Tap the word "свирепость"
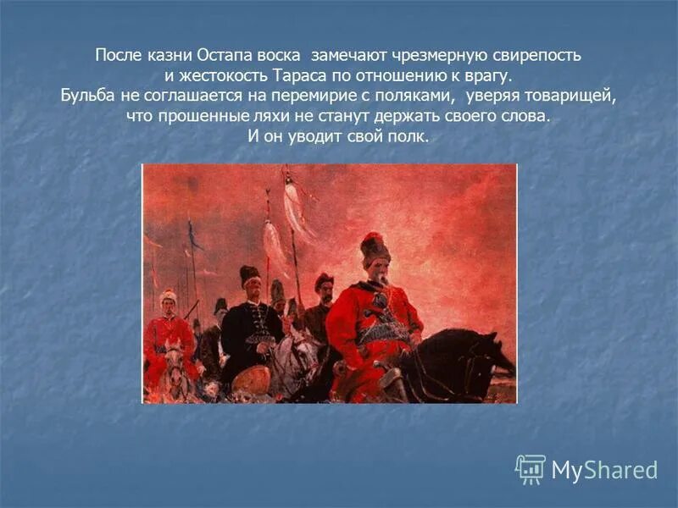[538, 56]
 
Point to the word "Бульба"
[88, 96]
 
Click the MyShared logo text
[604, 470]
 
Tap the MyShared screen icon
[531, 468]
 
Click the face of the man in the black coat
[250, 290]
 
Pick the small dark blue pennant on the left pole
[195, 237]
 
